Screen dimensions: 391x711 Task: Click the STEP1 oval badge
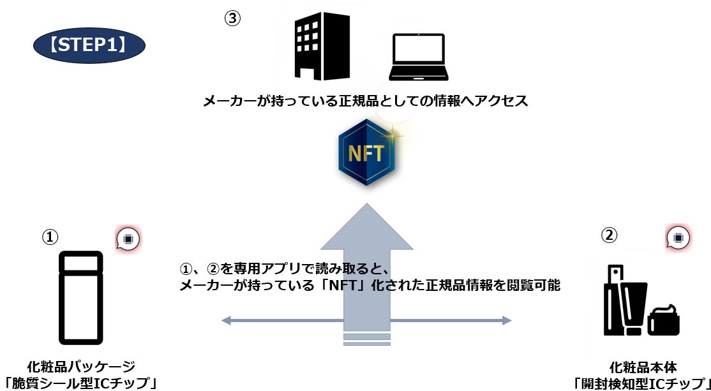pos(89,45)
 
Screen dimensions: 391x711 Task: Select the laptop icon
pos(418,55)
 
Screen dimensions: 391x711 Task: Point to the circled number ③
pos(232,18)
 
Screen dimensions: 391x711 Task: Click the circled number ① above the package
pos(50,237)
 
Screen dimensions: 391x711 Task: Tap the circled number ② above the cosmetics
pos(610,235)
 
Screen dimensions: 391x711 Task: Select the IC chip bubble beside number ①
pos(128,239)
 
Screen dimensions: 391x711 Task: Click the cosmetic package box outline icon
pos(80,297)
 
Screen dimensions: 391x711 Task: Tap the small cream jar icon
pos(664,323)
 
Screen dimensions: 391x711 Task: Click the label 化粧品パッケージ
pos(81,367)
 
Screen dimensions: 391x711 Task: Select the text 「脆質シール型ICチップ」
pos(80,383)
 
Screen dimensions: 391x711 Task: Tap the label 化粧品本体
pos(643,367)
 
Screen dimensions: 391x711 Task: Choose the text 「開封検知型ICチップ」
pos(643,383)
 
